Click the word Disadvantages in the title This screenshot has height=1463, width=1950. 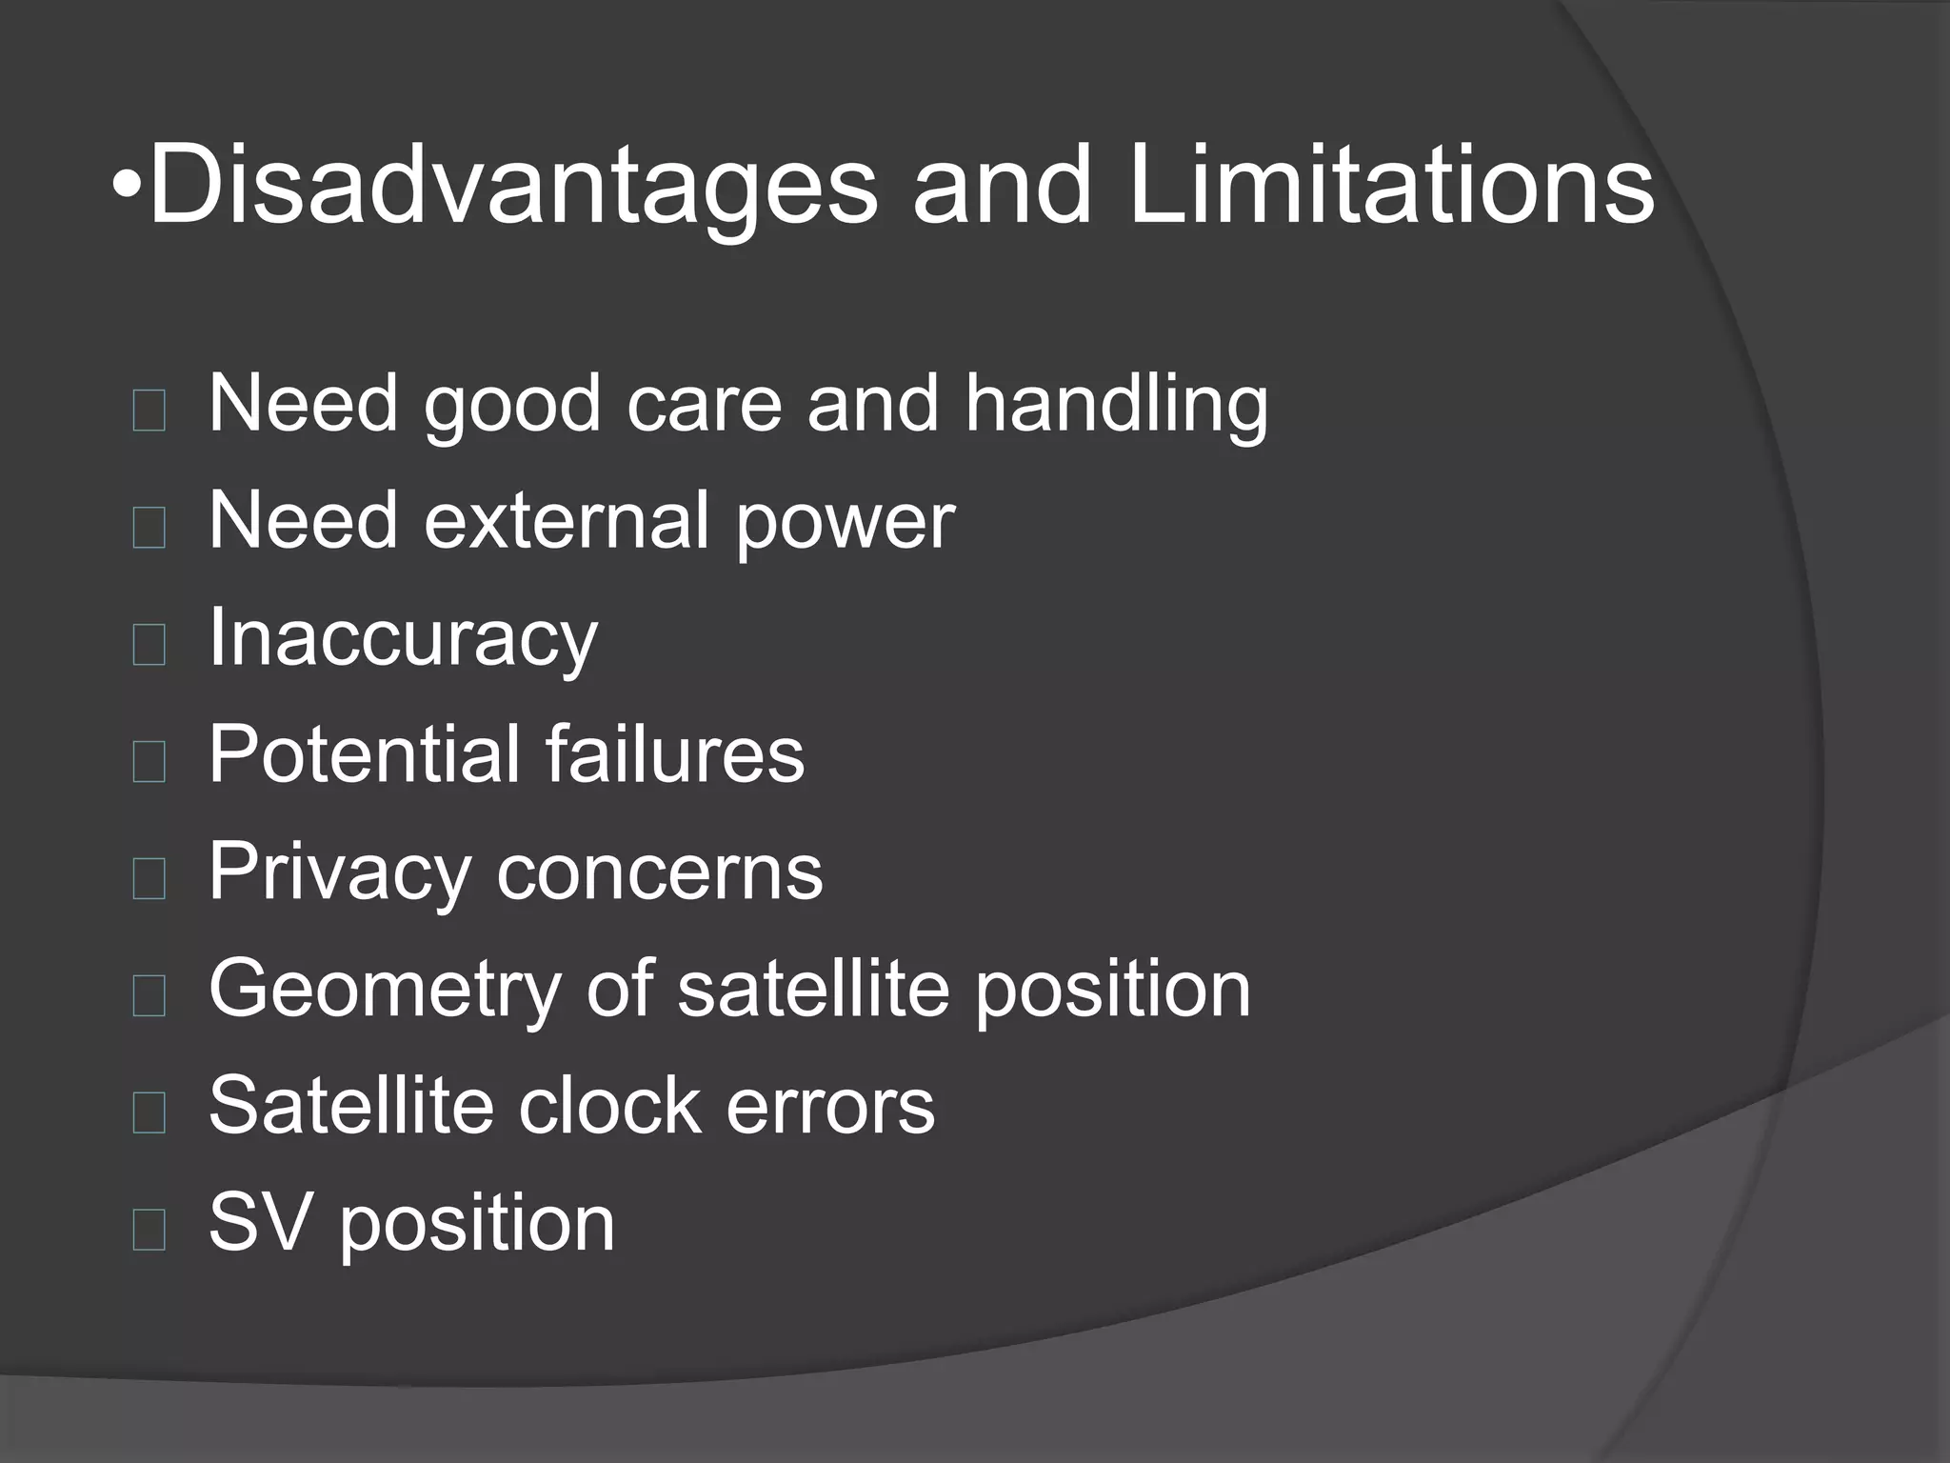point(513,186)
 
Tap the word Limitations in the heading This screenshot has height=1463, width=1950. point(1391,186)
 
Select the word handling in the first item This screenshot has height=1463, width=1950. point(1116,405)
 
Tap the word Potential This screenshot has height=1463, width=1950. point(363,754)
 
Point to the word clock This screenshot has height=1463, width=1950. point(609,1105)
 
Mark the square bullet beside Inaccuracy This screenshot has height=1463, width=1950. point(149,645)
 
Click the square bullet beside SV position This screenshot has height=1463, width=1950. point(149,1230)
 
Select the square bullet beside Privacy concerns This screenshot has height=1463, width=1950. point(149,879)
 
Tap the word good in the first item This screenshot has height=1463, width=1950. point(512,405)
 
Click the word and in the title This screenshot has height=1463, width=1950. point(1002,186)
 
